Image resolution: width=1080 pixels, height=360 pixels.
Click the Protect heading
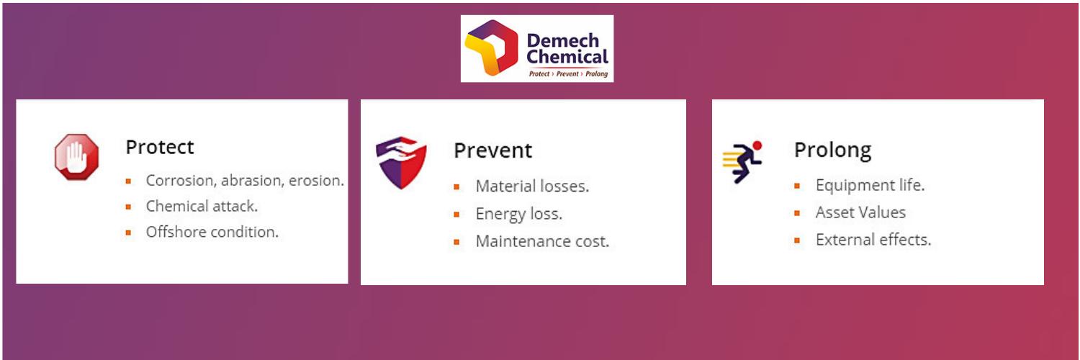point(160,147)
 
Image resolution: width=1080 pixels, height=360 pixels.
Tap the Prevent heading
point(492,150)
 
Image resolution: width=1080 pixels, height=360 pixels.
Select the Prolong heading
point(832,150)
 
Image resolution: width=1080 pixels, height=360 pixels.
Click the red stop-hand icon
point(76,157)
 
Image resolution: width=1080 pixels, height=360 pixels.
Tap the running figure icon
point(743,162)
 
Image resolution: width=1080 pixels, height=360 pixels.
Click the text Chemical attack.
point(202,206)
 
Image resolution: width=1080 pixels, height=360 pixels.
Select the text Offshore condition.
point(212,232)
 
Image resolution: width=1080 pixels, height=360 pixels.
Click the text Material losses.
point(532,186)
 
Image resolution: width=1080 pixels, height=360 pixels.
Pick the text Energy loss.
point(519,214)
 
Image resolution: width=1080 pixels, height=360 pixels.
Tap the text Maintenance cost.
point(542,241)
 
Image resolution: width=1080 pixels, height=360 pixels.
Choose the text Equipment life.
point(870,186)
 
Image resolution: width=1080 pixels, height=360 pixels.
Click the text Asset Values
point(860,212)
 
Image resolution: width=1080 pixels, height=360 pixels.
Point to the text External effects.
point(873,240)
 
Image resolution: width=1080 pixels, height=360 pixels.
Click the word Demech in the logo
point(563,40)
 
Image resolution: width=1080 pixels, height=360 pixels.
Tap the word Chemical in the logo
point(567,57)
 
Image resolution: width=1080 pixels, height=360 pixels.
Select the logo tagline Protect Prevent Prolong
point(568,73)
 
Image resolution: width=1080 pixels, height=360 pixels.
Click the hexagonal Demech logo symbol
point(491,48)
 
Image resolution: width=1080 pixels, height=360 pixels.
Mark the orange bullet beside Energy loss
point(456,215)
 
